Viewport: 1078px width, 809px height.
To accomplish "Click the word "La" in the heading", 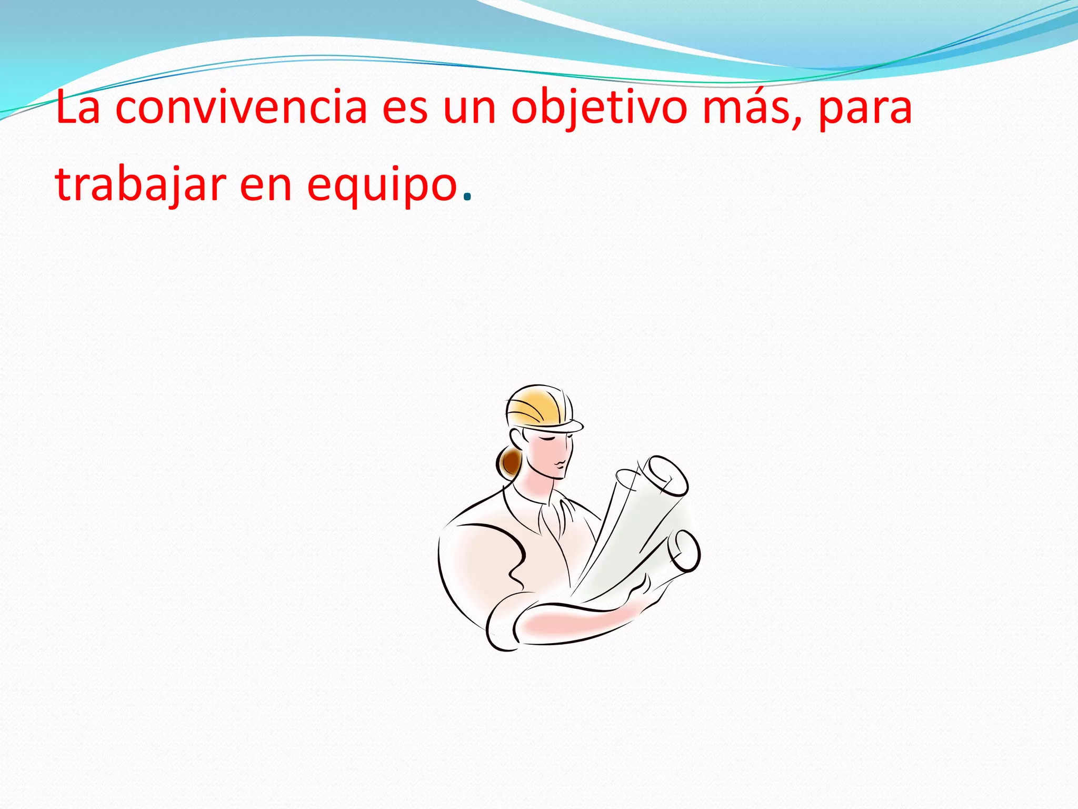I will (x=77, y=107).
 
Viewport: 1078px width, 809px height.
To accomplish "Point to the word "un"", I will (x=470, y=108).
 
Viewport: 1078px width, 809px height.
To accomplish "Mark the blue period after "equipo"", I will (x=467, y=199).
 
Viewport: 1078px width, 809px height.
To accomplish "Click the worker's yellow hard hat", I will (x=537, y=406).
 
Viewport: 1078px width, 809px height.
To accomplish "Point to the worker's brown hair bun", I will (x=510, y=461).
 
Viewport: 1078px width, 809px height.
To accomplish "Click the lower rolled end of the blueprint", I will (x=684, y=551).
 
